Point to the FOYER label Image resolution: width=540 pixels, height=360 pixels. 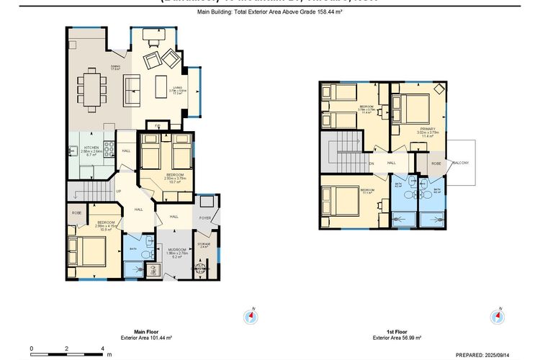pyautogui.click(x=204, y=216)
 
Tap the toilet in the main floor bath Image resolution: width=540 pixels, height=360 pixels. pyautogui.click(x=145, y=254)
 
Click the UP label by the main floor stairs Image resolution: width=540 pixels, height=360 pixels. pyautogui.click(x=119, y=192)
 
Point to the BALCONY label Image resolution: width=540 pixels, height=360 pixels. pyautogui.click(x=460, y=163)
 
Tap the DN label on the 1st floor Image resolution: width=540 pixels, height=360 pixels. pyautogui.click(x=372, y=163)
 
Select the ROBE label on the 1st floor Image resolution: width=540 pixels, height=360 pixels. pyautogui.click(x=436, y=163)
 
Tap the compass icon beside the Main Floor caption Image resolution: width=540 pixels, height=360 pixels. pyautogui.click(x=251, y=316)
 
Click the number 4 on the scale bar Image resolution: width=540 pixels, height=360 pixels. pyautogui.click(x=102, y=348)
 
